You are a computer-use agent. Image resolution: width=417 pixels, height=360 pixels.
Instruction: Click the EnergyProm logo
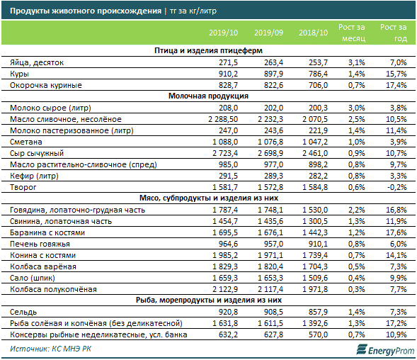(x=385, y=350)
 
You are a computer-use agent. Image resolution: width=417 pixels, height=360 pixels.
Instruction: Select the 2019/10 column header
(x=223, y=33)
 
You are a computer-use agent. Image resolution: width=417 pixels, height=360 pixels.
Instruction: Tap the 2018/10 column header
(x=313, y=33)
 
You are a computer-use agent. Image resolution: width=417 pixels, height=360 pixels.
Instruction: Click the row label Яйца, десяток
(x=37, y=63)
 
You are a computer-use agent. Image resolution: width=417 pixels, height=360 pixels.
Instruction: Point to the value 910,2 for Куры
(x=228, y=74)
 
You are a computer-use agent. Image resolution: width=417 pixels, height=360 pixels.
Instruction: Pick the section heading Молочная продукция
(x=208, y=96)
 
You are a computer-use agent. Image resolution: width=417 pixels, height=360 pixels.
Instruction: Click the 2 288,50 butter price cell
(x=223, y=119)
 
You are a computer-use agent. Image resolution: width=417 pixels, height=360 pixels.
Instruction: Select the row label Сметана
(x=25, y=142)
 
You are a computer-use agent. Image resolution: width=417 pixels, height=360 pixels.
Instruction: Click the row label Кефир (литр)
(x=34, y=176)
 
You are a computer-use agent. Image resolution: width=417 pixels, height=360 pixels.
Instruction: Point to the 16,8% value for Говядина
(x=396, y=210)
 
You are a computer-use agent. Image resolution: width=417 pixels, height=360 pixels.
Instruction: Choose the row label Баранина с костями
(x=47, y=232)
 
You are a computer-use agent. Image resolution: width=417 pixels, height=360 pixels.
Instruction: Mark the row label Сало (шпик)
(x=32, y=278)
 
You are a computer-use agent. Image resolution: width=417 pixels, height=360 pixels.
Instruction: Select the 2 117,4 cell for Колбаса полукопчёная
(x=270, y=289)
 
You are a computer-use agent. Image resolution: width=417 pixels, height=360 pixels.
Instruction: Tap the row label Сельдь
(x=23, y=312)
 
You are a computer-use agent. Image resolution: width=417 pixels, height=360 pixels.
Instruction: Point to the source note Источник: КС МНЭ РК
(x=50, y=349)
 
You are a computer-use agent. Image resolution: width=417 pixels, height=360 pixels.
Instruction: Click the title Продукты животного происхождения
(x=86, y=11)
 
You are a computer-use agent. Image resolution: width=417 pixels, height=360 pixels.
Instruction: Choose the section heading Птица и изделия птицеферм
(x=208, y=50)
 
